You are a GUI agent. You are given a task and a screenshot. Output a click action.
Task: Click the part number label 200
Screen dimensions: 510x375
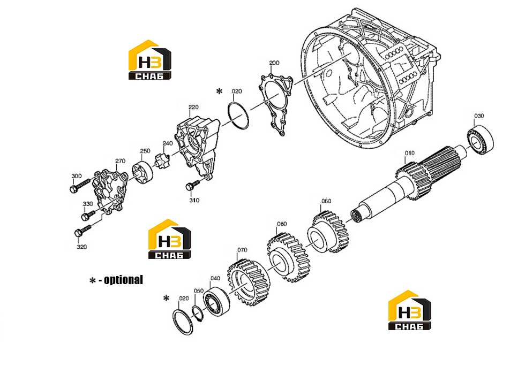pyautogui.click(x=274, y=63)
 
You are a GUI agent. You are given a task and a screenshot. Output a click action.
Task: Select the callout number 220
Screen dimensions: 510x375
pyautogui.click(x=193, y=107)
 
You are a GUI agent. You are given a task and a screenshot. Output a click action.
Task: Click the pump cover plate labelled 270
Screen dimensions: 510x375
pyautogui.click(x=110, y=191)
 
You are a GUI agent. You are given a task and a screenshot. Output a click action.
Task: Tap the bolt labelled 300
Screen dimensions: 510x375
pyautogui.click(x=79, y=186)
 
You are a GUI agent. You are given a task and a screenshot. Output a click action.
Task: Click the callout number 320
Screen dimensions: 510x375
pyautogui.click(x=81, y=247)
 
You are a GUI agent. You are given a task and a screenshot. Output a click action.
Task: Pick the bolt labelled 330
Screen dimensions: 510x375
pyautogui.click(x=88, y=215)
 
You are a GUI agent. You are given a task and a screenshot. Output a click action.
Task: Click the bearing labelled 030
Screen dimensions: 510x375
pyautogui.click(x=481, y=140)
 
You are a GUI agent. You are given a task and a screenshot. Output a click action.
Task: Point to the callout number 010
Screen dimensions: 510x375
pyautogui.click(x=410, y=153)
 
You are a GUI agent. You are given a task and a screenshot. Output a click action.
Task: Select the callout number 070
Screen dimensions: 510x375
pyautogui.click(x=242, y=250)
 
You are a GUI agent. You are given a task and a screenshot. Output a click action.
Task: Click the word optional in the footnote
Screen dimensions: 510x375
pyautogui.click(x=123, y=280)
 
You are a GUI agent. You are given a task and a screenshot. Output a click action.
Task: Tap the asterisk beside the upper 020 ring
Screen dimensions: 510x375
pyautogui.click(x=220, y=91)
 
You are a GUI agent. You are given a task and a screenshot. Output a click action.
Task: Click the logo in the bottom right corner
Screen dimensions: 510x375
pyautogui.click(x=410, y=310)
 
